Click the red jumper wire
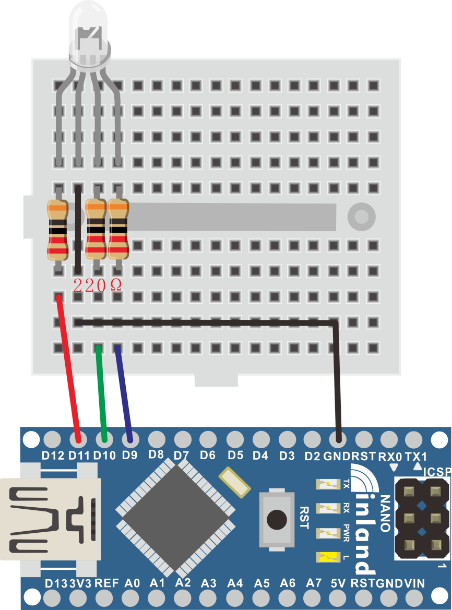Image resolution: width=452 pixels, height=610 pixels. pyautogui.click(x=68, y=369)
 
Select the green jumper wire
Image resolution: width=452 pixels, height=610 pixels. pyautogui.click(x=101, y=393)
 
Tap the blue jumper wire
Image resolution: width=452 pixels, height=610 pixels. pyautogui.click(x=124, y=393)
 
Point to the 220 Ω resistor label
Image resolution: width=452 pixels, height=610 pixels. pyautogui.click(x=98, y=286)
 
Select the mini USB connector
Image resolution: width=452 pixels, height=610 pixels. pyautogui.click(x=49, y=519)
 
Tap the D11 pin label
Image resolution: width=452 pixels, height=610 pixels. pyautogui.click(x=79, y=456)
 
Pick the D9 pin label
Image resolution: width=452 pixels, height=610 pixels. pyautogui.click(x=129, y=455)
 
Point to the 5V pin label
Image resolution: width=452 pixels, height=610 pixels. pyautogui.click(x=338, y=583)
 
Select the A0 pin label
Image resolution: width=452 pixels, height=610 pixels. pyautogui.click(x=132, y=583)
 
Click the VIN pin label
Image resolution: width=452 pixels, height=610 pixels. pyautogui.click(x=414, y=583)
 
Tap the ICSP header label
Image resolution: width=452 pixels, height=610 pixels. pyautogui.click(x=437, y=472)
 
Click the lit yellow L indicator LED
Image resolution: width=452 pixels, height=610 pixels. pyautogui.click(x=328, y=558)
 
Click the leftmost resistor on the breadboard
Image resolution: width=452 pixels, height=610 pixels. pyautogui.click(x=57, y=230)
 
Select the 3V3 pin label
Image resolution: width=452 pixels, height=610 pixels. pyautogui.click(x=80, y=583)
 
